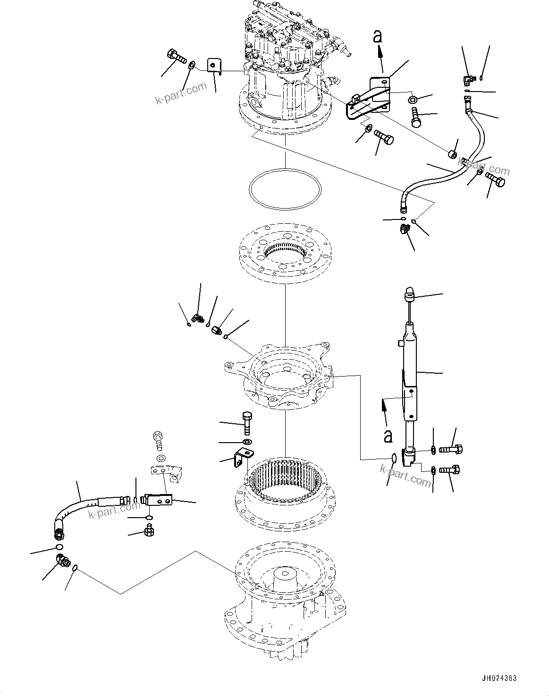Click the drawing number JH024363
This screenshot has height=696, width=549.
coord(499,678)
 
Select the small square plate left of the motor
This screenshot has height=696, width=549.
coord(215,67)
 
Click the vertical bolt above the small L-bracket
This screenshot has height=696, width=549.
coord(246,423)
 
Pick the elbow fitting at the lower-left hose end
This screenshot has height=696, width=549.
coord(63,561)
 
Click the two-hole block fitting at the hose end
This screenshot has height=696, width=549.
coord(160,499)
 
